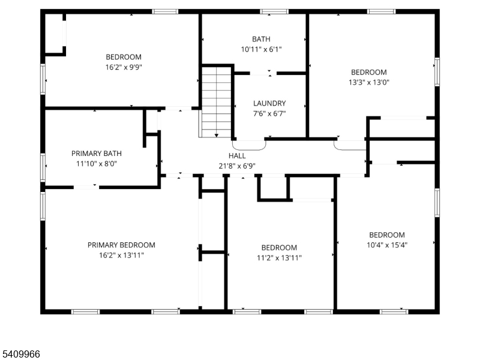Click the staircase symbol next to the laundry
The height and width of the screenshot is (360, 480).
[216, 102]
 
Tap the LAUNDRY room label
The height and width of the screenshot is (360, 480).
[269, 103]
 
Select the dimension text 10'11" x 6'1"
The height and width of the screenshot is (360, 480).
[261, 49]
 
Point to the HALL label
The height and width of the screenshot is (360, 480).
[237, 155]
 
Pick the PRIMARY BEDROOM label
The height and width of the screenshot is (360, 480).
[121, 245]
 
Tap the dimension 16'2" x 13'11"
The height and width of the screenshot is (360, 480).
[121, 255]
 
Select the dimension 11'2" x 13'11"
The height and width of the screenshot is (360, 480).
[279, 258]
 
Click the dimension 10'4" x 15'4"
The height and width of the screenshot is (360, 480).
[387, 245]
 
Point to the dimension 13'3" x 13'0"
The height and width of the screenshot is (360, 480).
[369, 83]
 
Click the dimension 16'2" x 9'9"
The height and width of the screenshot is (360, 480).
[124, 67]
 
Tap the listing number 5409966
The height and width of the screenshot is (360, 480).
[20, 354]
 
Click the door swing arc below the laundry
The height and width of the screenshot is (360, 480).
[249, 145]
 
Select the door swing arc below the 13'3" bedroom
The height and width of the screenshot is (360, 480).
[349, 145]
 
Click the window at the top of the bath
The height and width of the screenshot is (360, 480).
[274, 11]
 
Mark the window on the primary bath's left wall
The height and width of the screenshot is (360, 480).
[43, 167]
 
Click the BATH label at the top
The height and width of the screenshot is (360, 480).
[261, 39]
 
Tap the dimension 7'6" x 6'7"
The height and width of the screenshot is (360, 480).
[269, 113]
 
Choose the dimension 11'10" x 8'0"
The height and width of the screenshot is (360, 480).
[97, 163]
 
